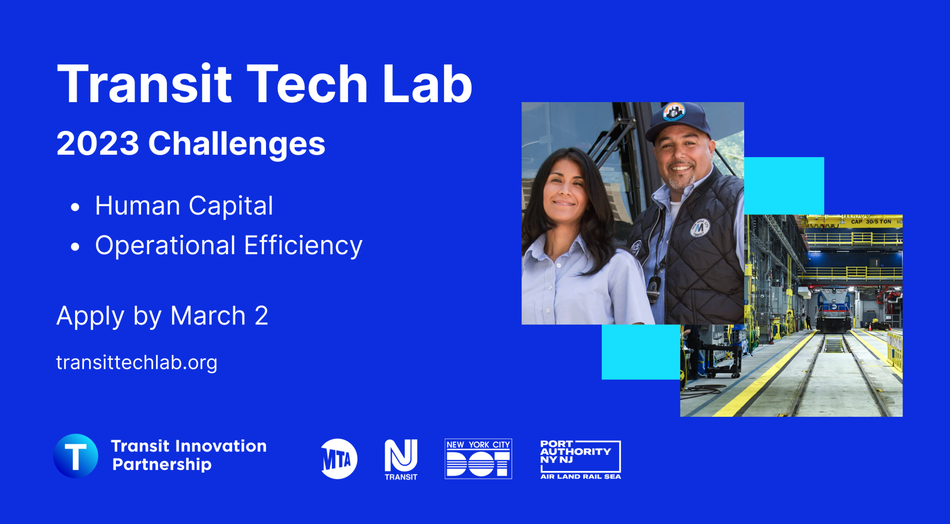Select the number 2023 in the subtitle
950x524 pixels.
tap(97, 143)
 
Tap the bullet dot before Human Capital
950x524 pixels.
tap(75, 207)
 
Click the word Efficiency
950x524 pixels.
tap(303, 246)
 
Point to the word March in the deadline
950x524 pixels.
tap(208, 316)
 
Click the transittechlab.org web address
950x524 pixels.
tap(137, 362)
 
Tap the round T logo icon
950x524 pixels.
tap(76, 456)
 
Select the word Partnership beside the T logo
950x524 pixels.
tap(162, 465)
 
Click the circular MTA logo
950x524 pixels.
tap(339, 459)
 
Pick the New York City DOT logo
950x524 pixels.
tap(478, 459)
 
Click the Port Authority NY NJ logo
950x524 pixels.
tap(580, 459)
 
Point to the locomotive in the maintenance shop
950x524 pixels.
tap(834, 310)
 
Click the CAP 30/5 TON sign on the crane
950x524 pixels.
tap(871, 222)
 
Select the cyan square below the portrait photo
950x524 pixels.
tap(641, 352)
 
